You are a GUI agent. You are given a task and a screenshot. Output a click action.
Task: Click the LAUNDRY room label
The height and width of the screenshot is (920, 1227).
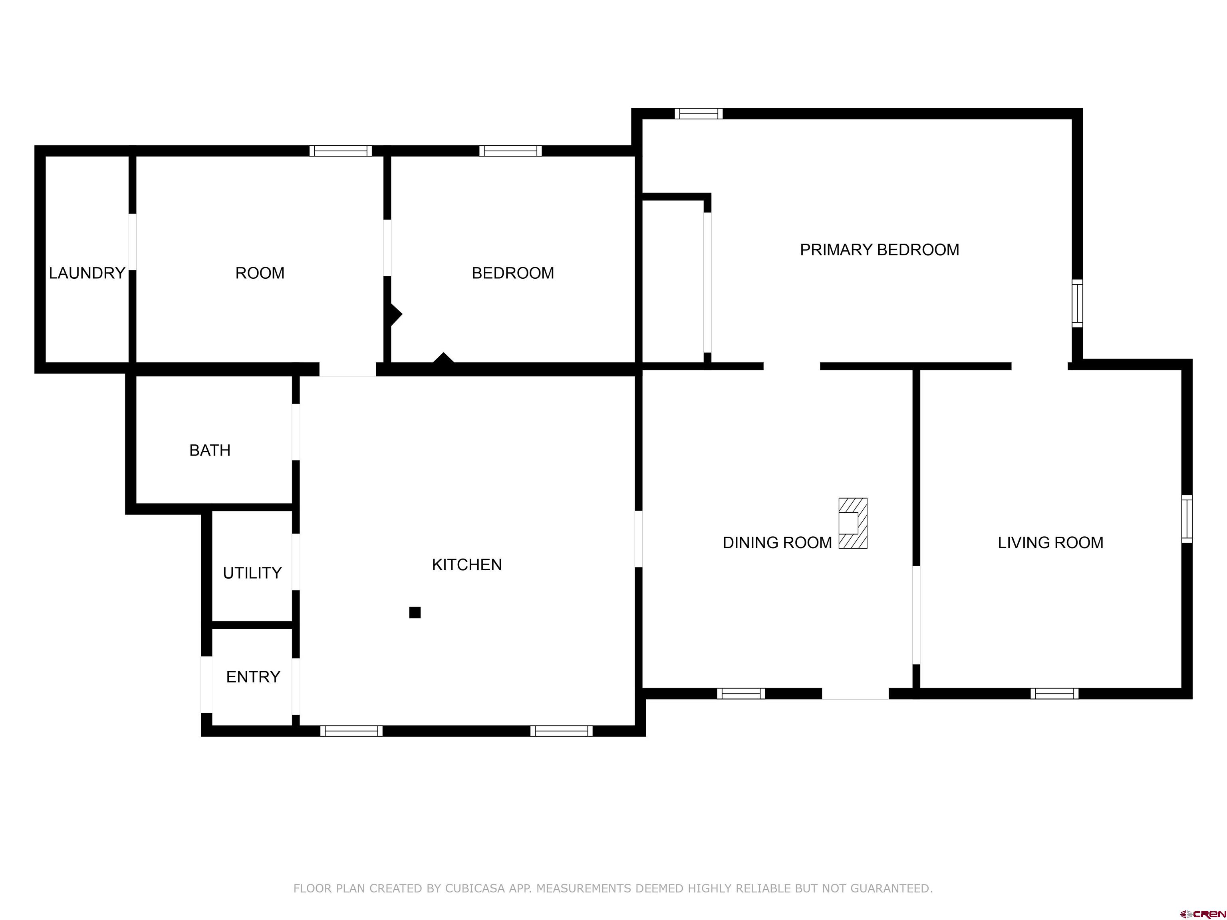pos(87,273)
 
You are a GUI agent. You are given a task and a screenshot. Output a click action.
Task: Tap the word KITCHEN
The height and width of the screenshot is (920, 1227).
pos(467,565)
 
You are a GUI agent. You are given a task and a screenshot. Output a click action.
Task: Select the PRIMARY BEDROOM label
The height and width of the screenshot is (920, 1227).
pos(879,250)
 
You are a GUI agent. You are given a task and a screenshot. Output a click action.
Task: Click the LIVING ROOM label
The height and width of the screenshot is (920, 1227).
pos(1050,542)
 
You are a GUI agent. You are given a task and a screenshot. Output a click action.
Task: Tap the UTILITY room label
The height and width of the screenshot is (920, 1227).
pos(252,573)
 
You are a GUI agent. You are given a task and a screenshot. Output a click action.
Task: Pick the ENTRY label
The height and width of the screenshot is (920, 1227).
pos(253,676)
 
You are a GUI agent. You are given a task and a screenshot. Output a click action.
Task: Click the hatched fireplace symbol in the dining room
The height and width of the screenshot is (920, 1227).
pos(853,523)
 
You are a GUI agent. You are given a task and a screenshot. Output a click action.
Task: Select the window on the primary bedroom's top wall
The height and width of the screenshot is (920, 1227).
pos(698,114)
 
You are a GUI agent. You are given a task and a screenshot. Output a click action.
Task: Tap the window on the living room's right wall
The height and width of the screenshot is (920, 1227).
pos(1187,519)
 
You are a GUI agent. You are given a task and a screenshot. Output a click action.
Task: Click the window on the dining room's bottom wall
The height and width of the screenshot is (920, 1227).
pos(741,693)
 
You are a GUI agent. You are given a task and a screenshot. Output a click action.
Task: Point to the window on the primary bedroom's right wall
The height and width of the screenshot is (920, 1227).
pos(1077,303)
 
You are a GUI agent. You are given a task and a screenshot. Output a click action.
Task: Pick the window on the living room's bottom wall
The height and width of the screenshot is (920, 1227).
pos(1054,693)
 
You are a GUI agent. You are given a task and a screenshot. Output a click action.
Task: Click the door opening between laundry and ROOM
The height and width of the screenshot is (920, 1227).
pos(132,242)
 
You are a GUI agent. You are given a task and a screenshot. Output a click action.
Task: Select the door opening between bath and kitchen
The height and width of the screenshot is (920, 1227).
pos(296,432)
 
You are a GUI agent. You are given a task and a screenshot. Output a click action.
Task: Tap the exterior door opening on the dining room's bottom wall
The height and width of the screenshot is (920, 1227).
pos(855,693)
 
